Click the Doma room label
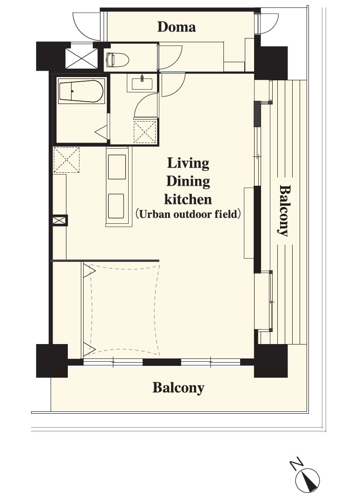click(x=177, y=27)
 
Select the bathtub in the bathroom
click(x=82, y=91)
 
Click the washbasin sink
click(x=142, y=83)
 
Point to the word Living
click(x=188, y=163)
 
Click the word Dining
click(x=188, y=182)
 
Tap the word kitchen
click(x=188, y=199)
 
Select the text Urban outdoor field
click(x=188, y=214)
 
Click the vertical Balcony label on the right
click(x=284, y=210)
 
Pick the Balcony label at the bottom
click(x=178, y=388)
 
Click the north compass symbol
click(x=307, y=481)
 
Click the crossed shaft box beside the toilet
click(x=81, y=58)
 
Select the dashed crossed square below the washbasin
click(x=145, y=131)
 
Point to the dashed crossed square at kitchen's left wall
click(x=66, y=160)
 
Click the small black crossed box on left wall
click(x=60, y=221)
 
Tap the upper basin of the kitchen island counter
click(x=117, y=167)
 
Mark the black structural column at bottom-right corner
click(x=271, y=361)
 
